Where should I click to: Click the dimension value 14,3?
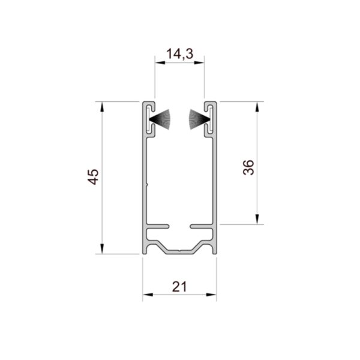(180, 54)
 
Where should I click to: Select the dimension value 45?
(93, 177)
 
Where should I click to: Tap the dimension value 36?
(248, 167)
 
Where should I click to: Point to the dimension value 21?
(179, 287)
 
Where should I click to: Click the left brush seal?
(160, 119)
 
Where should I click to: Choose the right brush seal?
(199, 119)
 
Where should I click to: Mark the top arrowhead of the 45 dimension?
(102, 107)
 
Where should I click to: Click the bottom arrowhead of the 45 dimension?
(102, 249)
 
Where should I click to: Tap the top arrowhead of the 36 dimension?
(257, 107)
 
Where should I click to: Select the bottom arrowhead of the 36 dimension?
(257, 219)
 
